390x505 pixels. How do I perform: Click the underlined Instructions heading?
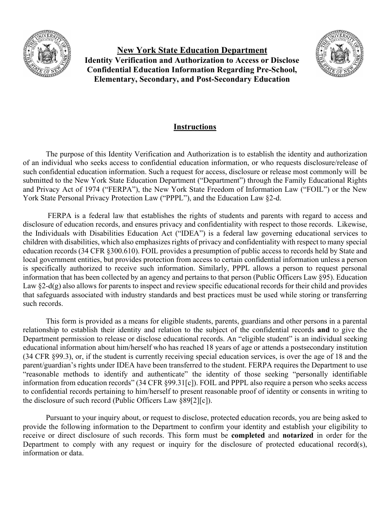[x=195, y=127]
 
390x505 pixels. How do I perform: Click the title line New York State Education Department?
[x=192, y=50]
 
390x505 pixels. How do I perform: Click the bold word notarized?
[x=298, y=435]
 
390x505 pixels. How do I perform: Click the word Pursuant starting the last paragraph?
[x=60, y=418]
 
